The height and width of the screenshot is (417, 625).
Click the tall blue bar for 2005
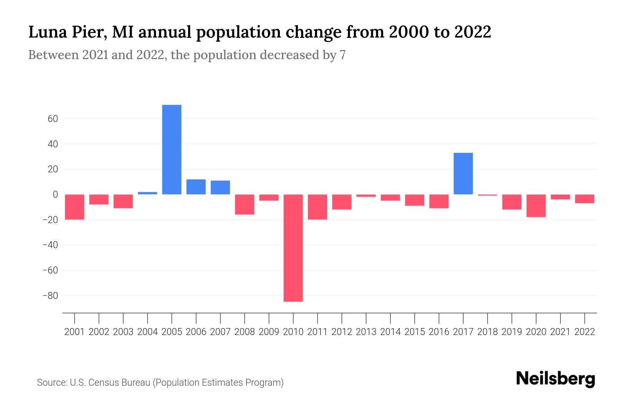click(x=172, y=149)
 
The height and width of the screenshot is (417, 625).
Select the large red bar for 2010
click(x=293, y=248)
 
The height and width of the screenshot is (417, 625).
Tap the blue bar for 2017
click(x=463, y=173)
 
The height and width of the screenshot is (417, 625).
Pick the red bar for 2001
click(x=75, y=207)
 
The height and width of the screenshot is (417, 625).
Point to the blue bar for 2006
click(x=196, y=187)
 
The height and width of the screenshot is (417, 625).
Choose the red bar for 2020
click(x=536, y=206)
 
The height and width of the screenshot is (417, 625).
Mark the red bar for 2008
click(x=244, y=204)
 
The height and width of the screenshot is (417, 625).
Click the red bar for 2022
click(x=585, y=199)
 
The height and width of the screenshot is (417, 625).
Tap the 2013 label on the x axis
click(x=366, y=332)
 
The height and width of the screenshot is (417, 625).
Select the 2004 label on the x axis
click(x=148, y=332)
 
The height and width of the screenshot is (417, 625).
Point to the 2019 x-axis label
click(x=512, y=332)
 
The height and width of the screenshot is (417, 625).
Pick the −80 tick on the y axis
click(x=50, y=296)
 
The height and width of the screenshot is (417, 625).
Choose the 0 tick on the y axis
click(x=55, y=195)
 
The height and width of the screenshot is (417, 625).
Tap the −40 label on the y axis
click(x=50, y=245)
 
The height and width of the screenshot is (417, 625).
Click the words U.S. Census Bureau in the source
click(x=110, y=383)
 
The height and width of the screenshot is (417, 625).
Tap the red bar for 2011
click(x=317, y=207)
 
